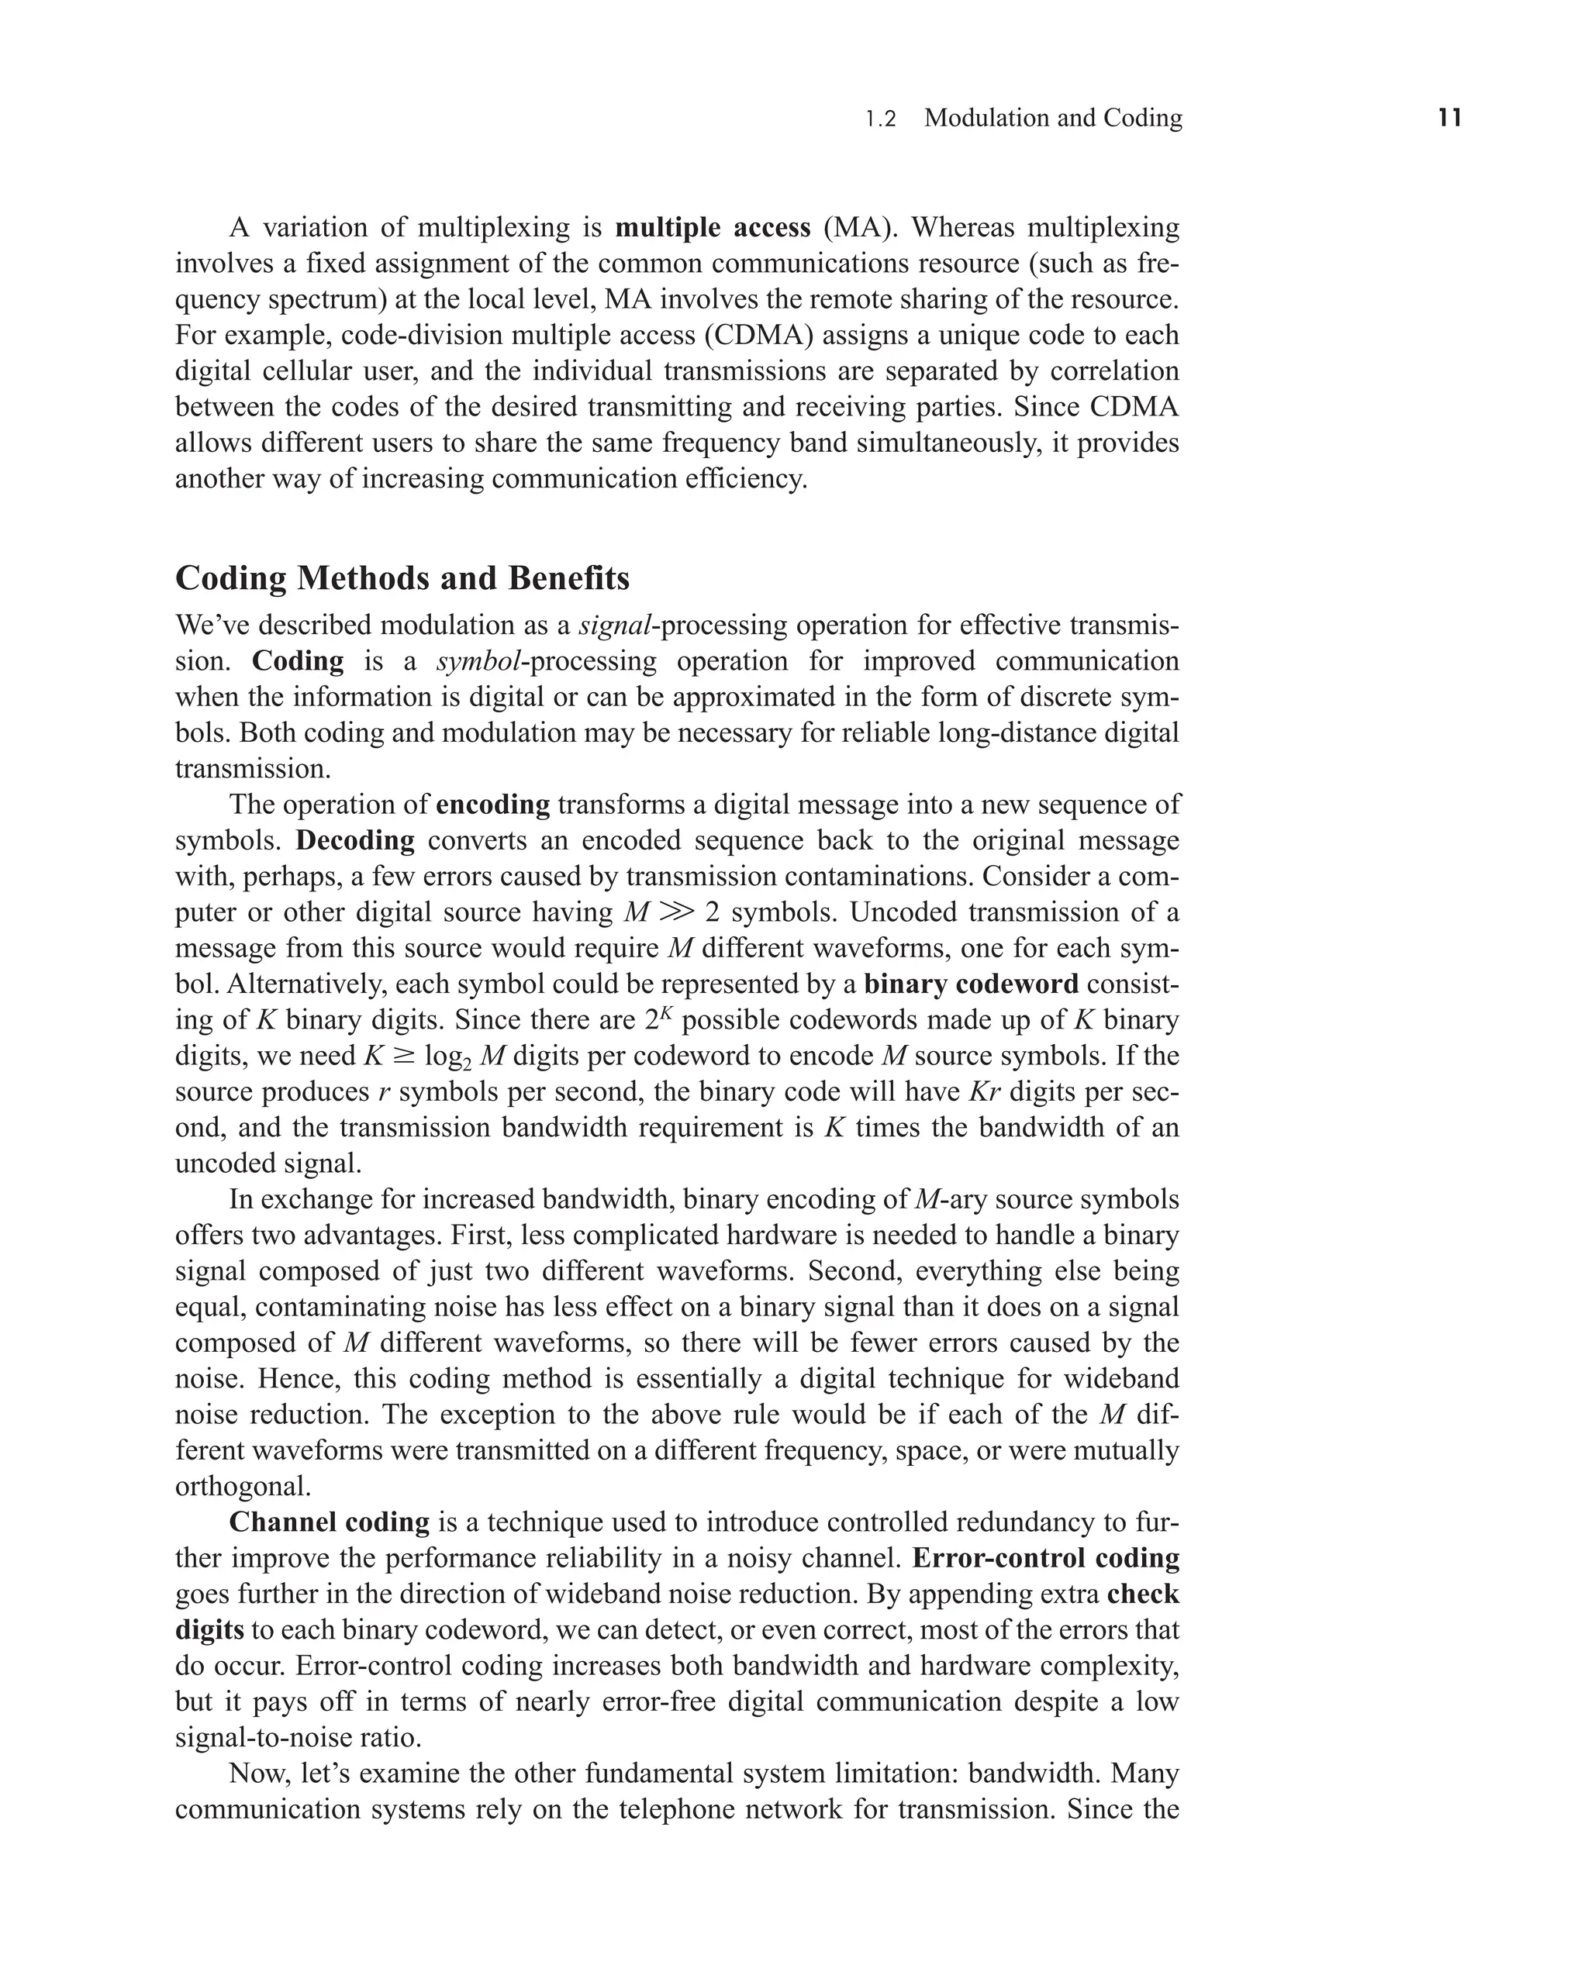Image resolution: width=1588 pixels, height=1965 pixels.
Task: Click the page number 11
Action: pos(1449,118)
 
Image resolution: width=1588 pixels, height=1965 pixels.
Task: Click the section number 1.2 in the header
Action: pos(881,119)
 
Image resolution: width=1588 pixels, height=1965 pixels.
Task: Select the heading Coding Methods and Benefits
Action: pos(402,579)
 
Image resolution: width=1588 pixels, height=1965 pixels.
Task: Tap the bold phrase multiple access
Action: pos(713,227)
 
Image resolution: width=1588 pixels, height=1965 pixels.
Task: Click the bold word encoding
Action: pos(493,805)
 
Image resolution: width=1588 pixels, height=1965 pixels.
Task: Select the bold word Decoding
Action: pos(355,840)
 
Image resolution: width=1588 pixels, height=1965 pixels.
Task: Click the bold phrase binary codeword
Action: pos(972,984)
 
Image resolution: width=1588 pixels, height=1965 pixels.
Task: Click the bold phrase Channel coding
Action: pos(330,1522)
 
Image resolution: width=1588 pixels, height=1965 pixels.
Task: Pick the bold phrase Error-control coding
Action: pos(1045,1558)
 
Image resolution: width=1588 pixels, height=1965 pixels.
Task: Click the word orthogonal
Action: pos(243,1487)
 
